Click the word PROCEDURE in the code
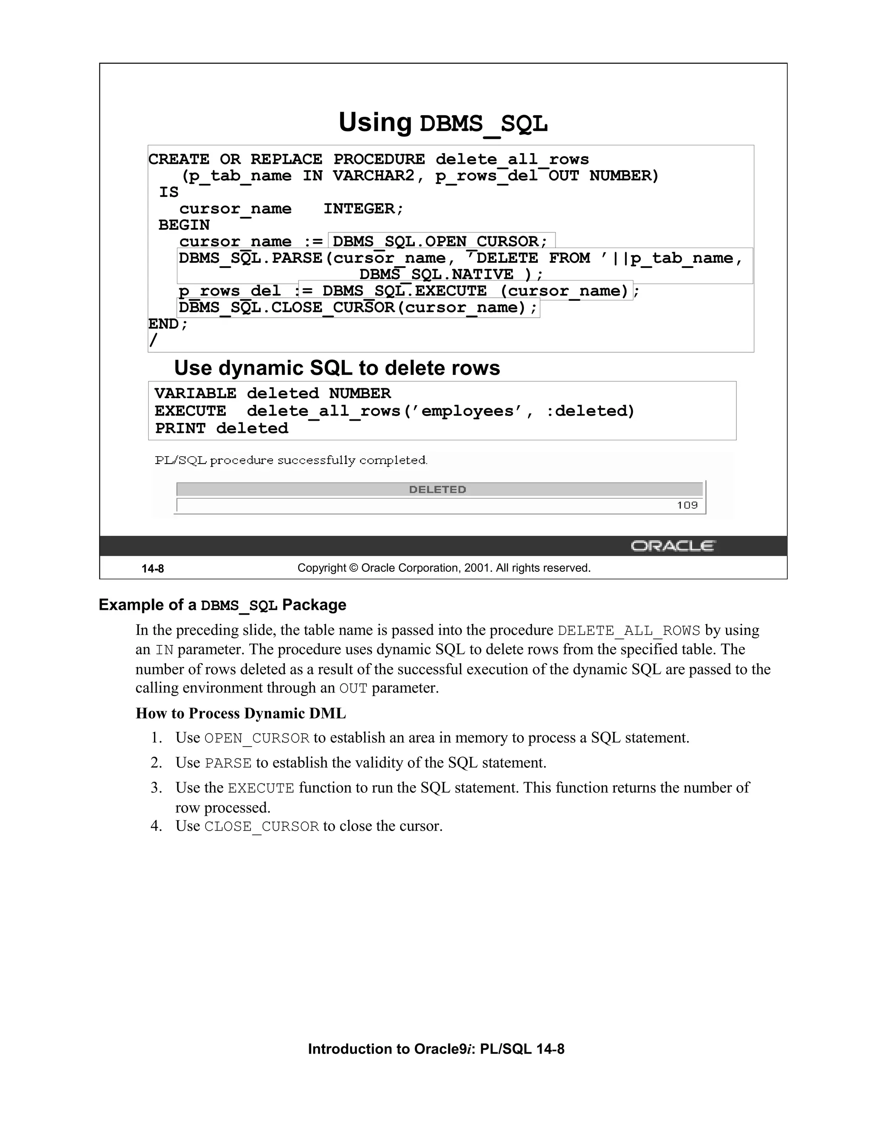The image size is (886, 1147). tap(379, 159)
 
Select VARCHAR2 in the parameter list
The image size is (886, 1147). tap(373, 176)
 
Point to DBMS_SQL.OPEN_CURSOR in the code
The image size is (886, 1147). tap(440, 242)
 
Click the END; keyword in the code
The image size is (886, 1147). tap(167, 324)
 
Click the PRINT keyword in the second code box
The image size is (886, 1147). tap(180, 429)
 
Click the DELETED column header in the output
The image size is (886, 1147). tap(437, 490)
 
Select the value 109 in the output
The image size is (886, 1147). tap(687, 505)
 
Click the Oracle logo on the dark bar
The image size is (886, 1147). tap(672, 546)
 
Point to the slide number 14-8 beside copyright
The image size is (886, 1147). tap(153, 569)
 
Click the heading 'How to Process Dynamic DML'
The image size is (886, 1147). tap(241, 713)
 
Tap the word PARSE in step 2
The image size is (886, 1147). tap(228, 763)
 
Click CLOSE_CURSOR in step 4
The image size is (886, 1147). tap(261, 827)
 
